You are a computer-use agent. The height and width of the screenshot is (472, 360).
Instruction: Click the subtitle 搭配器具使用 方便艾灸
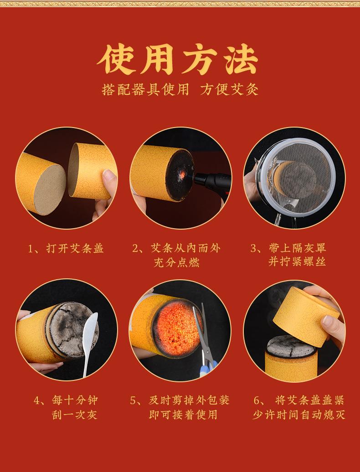pos(180,89)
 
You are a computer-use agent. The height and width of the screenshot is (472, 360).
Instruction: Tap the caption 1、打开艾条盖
pos(66,248)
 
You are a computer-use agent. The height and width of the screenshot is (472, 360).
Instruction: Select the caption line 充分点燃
pos(177,262)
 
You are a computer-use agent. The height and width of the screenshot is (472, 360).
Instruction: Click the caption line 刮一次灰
pos(75,415)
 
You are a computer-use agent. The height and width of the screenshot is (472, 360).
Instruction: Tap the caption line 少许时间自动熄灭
pos(299,415)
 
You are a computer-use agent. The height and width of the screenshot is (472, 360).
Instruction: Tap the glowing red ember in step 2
pos(179,174)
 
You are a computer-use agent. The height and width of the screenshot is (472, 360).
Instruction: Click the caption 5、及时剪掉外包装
pos(180,400)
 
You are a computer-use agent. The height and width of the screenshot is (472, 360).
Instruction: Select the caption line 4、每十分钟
pos(66,400)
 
